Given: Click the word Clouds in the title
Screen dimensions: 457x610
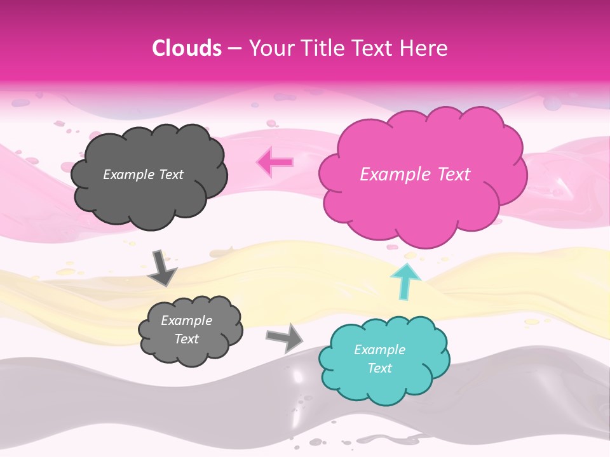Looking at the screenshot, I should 186,48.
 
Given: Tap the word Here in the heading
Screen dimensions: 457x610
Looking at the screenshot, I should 424,48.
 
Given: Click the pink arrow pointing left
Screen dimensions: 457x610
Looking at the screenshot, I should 275,162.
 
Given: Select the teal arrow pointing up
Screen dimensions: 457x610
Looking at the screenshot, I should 405,280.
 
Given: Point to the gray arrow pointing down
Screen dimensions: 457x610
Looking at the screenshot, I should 163,267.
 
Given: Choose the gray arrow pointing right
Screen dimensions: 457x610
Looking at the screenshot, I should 285,338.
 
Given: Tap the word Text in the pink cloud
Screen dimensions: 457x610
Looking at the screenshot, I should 452,175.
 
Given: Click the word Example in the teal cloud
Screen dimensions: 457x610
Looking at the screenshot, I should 379,350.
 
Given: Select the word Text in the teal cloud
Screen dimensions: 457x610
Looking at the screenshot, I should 379,368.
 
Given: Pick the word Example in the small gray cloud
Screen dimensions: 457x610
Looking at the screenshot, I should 187,321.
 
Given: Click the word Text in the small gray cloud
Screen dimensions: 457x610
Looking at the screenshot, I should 187,339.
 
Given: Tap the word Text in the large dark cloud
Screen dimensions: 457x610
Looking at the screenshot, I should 172,175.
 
